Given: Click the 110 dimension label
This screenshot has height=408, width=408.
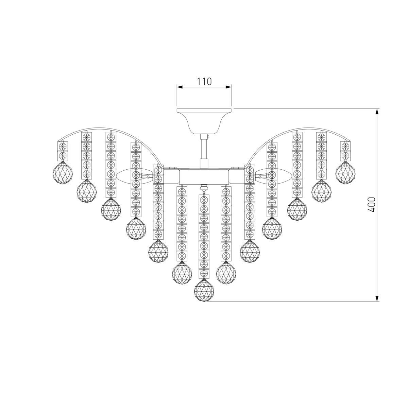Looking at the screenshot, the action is coord(204,82).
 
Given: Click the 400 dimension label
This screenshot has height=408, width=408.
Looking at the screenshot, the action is coord(371,205).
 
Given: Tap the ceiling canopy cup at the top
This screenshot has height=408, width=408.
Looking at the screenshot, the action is coord(204,121).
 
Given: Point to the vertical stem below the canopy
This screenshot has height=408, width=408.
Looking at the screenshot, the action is coord(204,151).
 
